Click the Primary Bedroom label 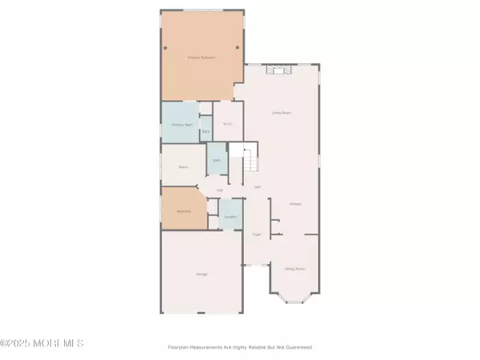point(202,58)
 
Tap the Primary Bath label point(182,125)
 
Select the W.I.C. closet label point(228,124)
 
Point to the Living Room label point(281,113)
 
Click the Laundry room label point(230,217)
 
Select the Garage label point(202,274)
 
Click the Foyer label point(257,234)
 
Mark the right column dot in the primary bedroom point(237,46)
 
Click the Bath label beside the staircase point(216,161)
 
